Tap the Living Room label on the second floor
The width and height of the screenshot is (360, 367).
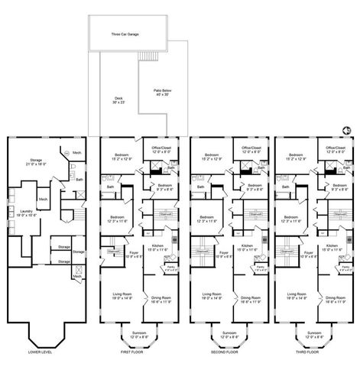(212, 294)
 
